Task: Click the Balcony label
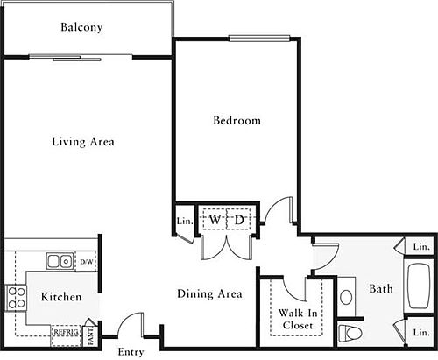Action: click(81, 27)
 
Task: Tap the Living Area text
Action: click(83, 142)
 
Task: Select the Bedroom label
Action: click(237, 120)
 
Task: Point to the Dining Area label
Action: click(209, 293)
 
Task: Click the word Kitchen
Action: click(61, 297)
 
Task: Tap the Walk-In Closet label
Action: click(298, 319)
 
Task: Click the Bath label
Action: click(381, 288)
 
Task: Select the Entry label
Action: click(131, 352)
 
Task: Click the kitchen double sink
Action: click(60, 261)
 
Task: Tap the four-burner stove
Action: click(16, 298)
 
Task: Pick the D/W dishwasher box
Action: click(86, 262)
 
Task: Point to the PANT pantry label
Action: click(90, 335)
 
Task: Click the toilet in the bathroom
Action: click(350, 333)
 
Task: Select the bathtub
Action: click(419, 286)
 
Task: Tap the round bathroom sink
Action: click(346, 297)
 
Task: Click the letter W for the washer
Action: click(215, 219)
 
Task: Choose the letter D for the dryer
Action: click(239, 220)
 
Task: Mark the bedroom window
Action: click(259, 38)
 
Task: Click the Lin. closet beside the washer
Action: click(185, 221)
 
